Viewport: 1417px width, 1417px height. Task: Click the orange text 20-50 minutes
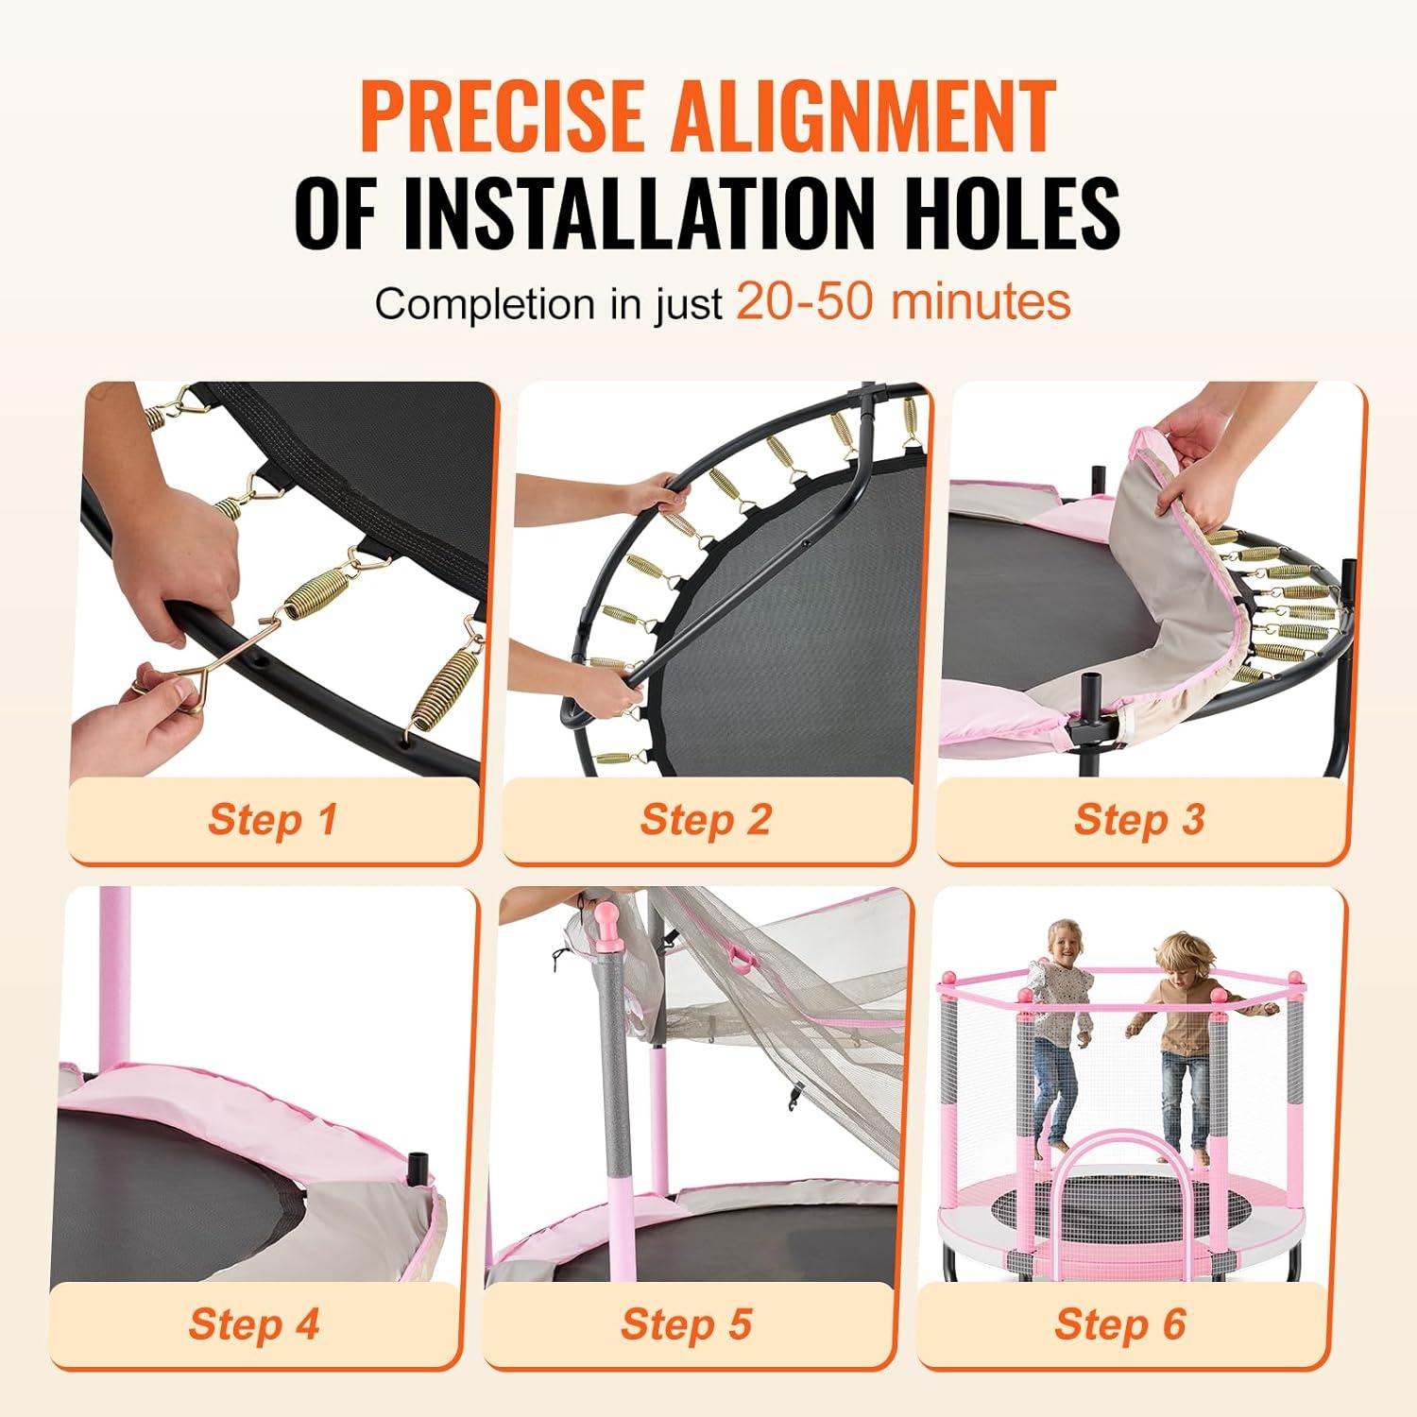pos(903,301)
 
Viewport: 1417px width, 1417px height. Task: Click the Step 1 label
pos(272,819)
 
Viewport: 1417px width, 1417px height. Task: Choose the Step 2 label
pos(706,819)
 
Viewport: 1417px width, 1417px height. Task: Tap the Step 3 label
pos(1139,819)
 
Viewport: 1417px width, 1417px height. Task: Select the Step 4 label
pos(253,1323)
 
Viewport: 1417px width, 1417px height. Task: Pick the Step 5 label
pos(686,1323)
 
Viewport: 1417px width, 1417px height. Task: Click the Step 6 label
pos(1119,1323)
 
